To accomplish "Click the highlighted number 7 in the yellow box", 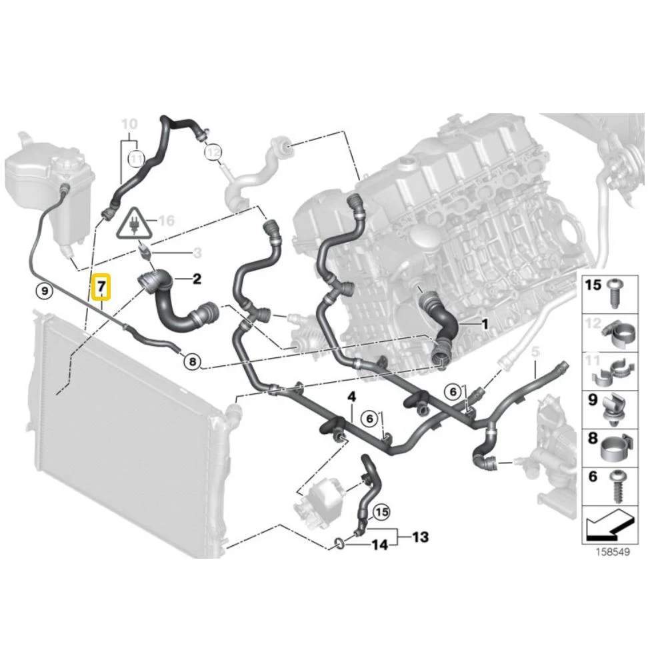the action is (101, 287).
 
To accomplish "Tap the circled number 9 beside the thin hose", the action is (45, 289).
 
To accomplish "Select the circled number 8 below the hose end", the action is (192, 361).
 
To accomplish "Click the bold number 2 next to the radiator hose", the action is (197, 279).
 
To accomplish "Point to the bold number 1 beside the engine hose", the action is (485, 324).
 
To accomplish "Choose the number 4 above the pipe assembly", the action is (351, 397).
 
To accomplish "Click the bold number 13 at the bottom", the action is (420, 537).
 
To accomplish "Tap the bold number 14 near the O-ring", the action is (380, 545).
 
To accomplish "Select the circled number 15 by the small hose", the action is (381, 512).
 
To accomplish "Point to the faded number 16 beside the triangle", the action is (167, 221).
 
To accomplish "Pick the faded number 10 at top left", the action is (129, 124).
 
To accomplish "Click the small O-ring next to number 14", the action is (339, 544).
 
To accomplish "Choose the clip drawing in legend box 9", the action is (615, 408).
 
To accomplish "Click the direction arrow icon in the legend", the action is (609, 525).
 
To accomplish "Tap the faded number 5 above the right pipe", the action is (535, 352).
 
